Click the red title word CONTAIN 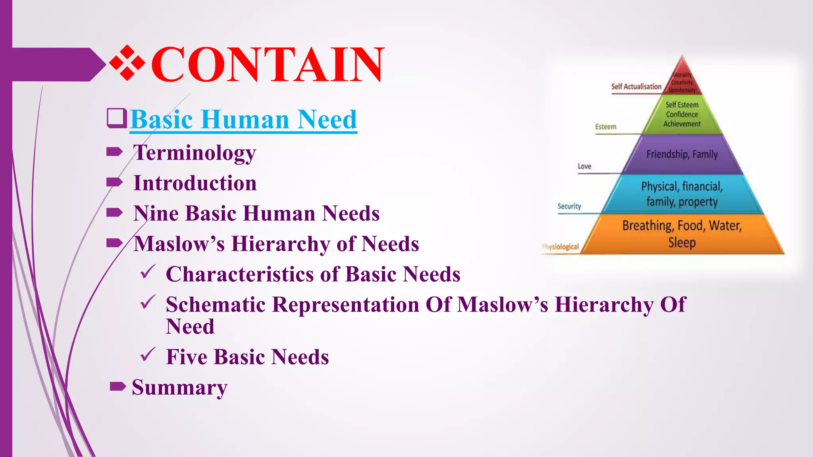pos(268,64)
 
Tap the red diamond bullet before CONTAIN pos(127,63)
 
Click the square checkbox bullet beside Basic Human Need pos(117,118)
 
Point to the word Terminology pos(195,153)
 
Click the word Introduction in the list pos(195,183)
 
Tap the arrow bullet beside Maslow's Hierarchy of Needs pos(115,243)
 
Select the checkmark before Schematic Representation pos(148,303)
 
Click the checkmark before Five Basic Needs pos(148,355)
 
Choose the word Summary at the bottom pos(179,388)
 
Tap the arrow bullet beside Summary pos(118,386)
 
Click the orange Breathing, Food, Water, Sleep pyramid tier pos(682,234)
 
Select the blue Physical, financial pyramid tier pos(682,194)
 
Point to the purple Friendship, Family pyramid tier pos(682,154)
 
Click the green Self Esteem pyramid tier pos(682,114)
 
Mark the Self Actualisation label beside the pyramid pos(636,86)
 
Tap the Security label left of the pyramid pos(569,206)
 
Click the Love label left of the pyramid pos(584,166)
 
